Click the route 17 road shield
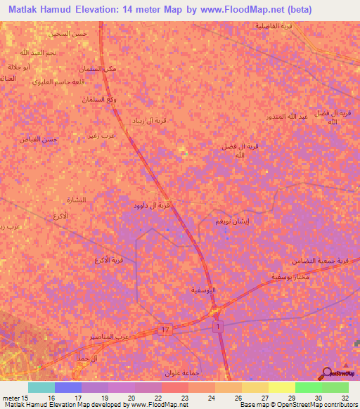click(x=166, y=330)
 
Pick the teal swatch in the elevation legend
click(x=41, y=387)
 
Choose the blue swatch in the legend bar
click(x=68, y=387)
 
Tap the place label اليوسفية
click(x=204, y=290)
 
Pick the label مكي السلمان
click(x=99, y=68)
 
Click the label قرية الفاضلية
click(x=271, y=26)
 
